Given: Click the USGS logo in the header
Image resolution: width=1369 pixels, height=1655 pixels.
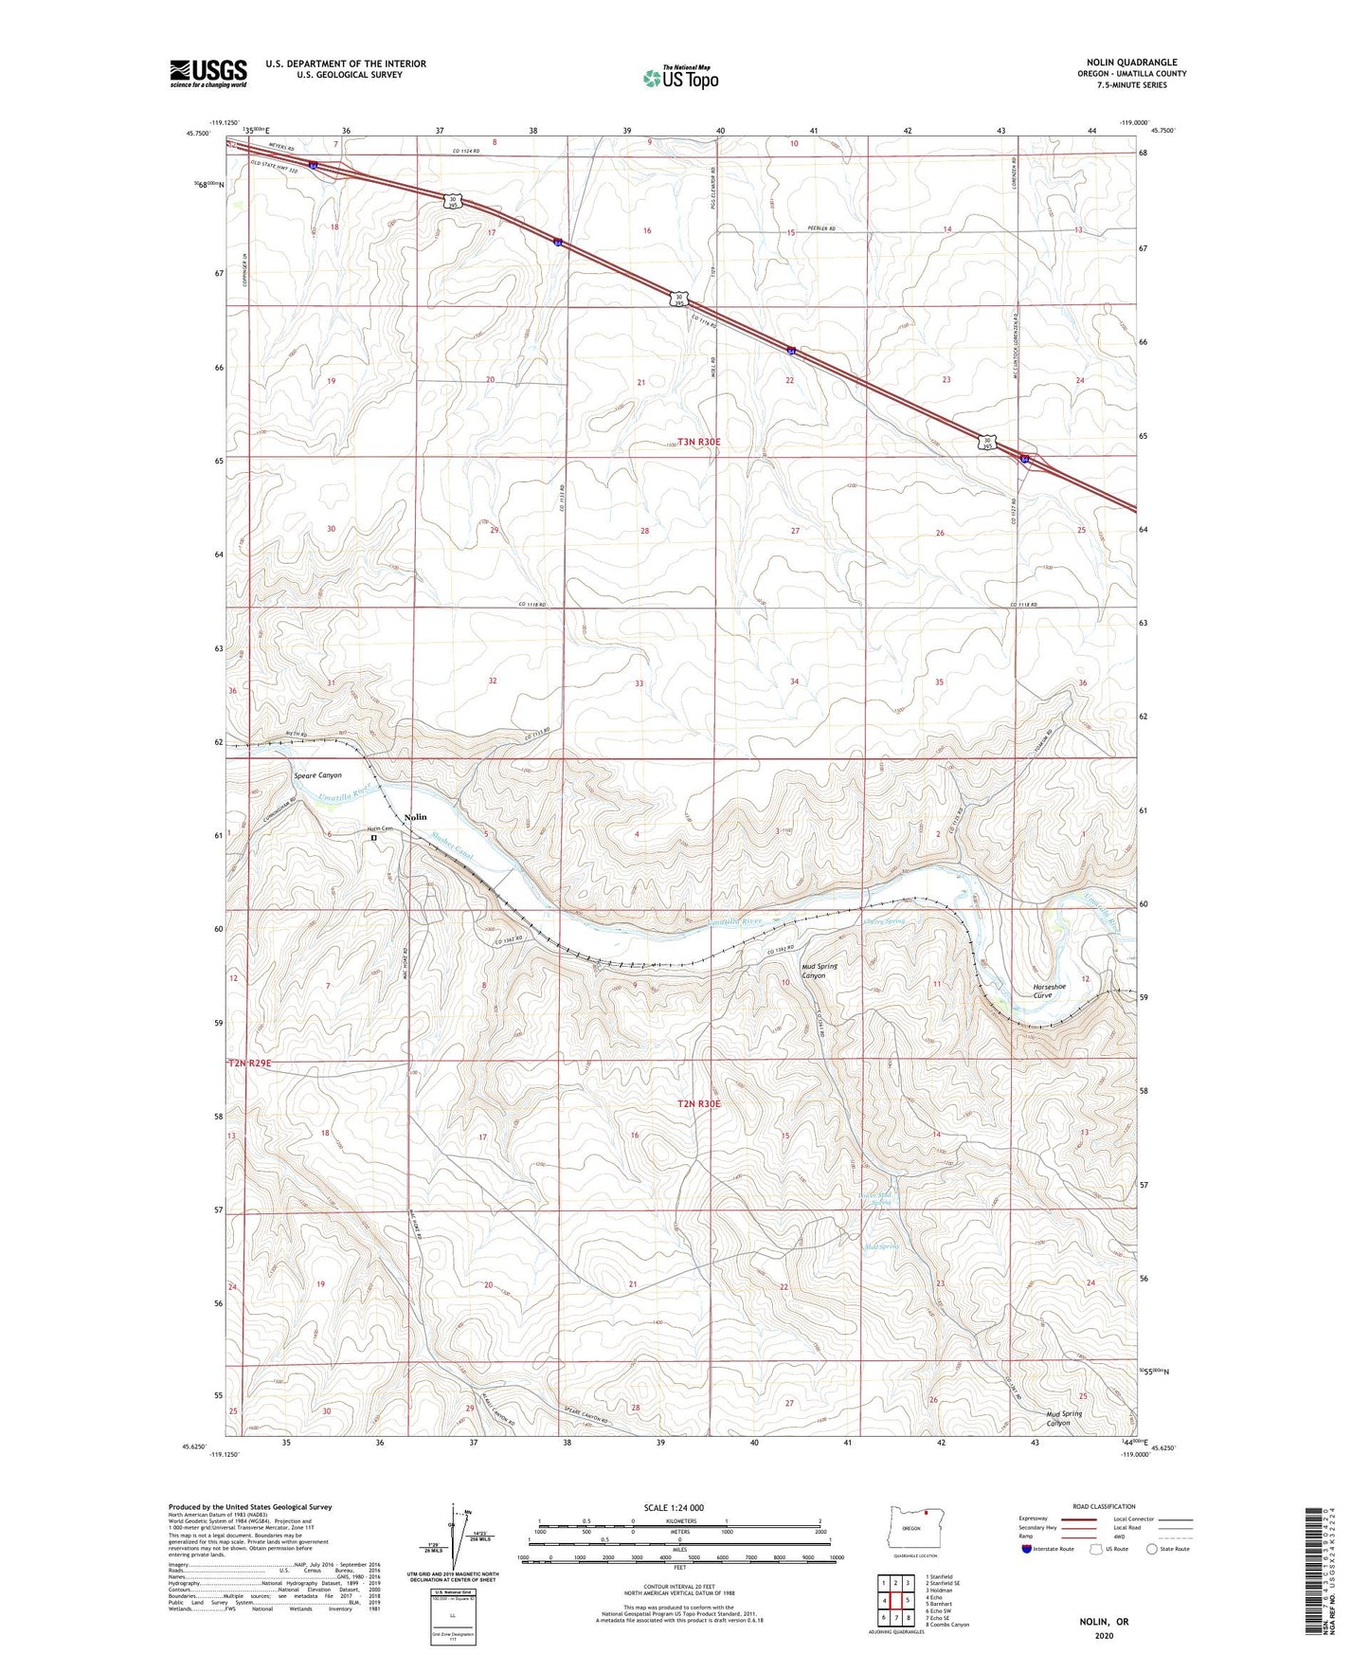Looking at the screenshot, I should pyautogui.click(x=207, y=73).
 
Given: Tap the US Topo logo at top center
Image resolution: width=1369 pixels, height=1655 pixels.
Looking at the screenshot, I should pyautogui.click(x=680, y=78).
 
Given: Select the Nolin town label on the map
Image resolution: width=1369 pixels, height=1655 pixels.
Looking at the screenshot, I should pyautogui.click(x=415, y=816).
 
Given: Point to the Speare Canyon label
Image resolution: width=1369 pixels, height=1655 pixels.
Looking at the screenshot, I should pyautogui.click(x=317, y=775).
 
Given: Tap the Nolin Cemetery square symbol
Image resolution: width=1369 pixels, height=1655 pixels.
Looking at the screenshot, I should pyautogui.click(x=373, y=838).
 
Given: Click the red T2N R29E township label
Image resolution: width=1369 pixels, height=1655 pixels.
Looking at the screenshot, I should pyautogui.click(x=249, y=1064).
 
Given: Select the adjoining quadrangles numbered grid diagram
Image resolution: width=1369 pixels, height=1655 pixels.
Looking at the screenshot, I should pyautogui.click(x=893, y=1602).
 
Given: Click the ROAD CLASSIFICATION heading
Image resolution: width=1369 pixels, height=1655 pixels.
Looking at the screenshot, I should pyautogui.click(x=1106, y=1506).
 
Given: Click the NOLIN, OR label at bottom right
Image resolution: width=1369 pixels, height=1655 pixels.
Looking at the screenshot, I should pyautogui.click(x=1104, y=1622).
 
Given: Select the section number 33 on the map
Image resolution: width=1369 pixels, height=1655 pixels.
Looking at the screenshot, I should pyautogui.click(x=639, y=683).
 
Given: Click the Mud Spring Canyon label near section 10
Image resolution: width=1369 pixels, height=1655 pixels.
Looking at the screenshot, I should pyautogui.click(x=820, y=971).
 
